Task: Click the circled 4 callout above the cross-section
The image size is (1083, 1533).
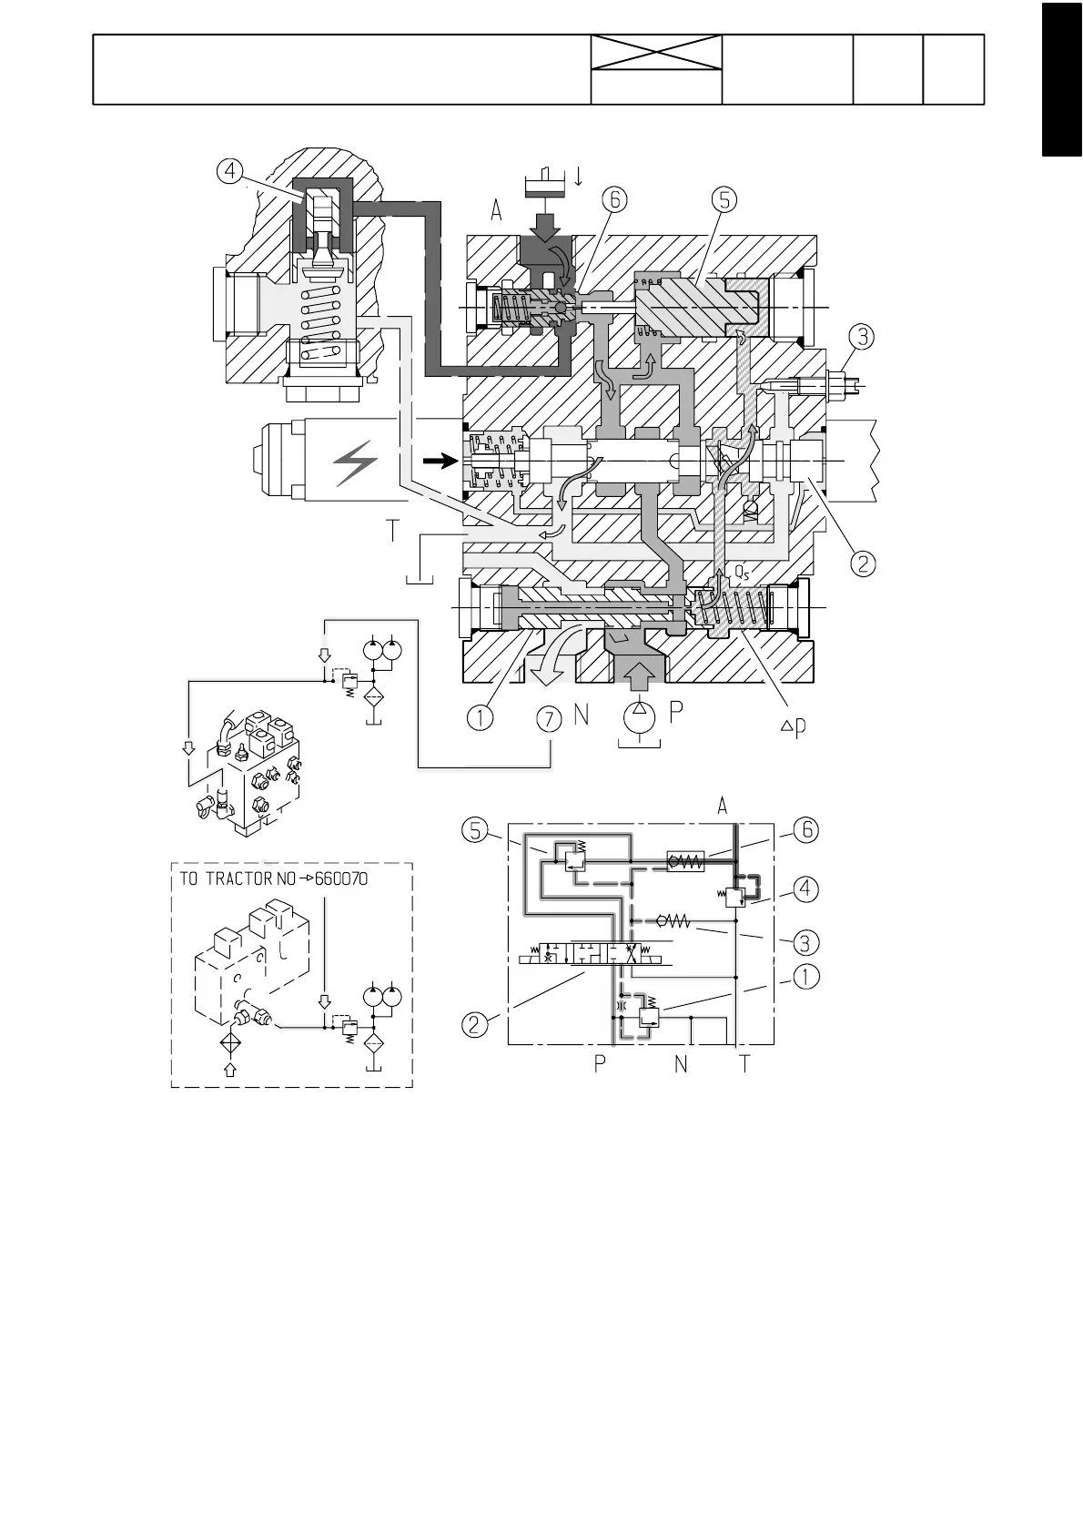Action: point(230,170)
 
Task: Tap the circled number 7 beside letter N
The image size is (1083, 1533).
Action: point(549,719)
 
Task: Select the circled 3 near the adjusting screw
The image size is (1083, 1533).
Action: point(862,337)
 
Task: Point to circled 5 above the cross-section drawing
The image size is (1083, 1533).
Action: point(724,199)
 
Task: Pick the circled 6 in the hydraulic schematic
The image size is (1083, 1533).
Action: point(805,830)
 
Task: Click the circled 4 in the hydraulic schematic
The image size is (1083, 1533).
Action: point(805,888)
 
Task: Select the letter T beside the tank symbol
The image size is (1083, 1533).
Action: point(392,531)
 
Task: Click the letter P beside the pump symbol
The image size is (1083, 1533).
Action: point(676,712)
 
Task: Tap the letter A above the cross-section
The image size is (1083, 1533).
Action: point(496,211)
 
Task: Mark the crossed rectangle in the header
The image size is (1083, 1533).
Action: point(656,52)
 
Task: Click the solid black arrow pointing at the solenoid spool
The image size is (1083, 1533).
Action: point(440,462)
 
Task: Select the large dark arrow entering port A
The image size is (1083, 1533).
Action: point(549,223)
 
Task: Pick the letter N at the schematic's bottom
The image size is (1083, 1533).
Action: point(681,1062)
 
